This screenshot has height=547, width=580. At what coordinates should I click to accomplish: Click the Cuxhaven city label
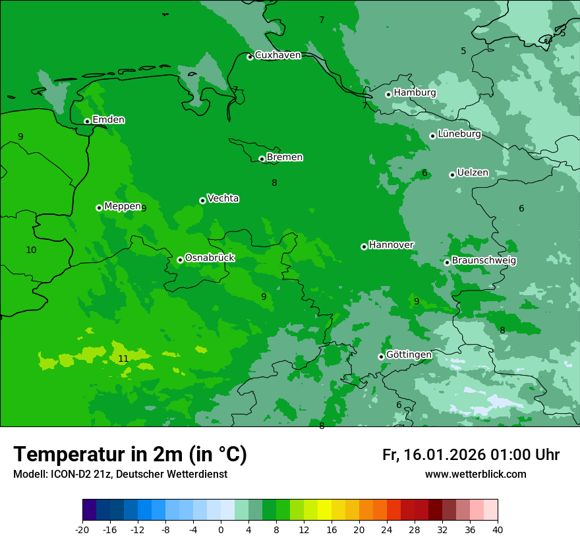[277, 55]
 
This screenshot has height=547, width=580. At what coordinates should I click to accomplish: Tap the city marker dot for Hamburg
[389, 94]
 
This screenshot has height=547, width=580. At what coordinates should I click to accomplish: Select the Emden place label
[108, 120]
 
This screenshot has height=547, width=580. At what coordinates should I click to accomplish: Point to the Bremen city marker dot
[262, 159]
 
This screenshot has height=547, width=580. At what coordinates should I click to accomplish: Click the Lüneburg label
[459, 134]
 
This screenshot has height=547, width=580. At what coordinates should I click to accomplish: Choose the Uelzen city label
[473, 173]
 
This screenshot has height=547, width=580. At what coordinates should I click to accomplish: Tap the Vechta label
[223, 199]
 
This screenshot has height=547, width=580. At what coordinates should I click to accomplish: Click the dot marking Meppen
[100, 208]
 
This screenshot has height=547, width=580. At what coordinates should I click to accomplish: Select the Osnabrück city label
[210, 258]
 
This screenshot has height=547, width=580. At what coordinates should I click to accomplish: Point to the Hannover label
[391, 245]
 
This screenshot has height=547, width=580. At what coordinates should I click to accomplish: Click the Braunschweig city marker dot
[447, 262]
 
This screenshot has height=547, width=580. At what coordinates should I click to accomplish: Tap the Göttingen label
[409, 355]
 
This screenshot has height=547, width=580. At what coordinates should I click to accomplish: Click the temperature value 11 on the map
[123, 359]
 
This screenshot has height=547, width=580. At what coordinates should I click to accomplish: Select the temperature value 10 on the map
[31, 250]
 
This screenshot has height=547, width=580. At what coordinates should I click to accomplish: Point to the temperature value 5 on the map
[463, 51]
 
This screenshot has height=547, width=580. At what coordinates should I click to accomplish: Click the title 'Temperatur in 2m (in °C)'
[130, 455]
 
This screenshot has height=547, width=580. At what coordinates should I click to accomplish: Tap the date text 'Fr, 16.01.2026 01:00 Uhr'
[471, 455]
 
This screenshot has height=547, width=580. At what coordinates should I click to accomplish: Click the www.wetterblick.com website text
[475, 475]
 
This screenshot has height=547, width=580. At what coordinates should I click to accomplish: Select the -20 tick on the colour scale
[82, 530]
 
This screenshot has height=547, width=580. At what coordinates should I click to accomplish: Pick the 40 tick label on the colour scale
[498, 530]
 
